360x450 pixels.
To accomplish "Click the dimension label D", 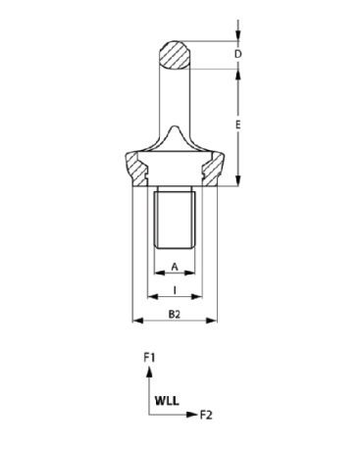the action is pyautogui.click(x=238, y=54).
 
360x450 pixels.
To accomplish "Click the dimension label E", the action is pyautogui.click(x=238, y=125).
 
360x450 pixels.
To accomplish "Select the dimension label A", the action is pyautogui.click(x=175, y=267).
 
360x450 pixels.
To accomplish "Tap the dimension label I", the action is pyautogui.click(x=175, y=290).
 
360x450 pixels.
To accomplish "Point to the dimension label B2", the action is pyautogui.click(x=175, y=315).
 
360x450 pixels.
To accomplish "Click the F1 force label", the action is pyautogui.click(x=149, y=358).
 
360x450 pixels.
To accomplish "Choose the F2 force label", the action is pyautogui.click(x=206, y=415).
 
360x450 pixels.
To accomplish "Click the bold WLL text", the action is pyautogui.click(x=167, y=401).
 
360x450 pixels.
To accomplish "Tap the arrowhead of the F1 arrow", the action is pyautogui.click(x=149, y=372).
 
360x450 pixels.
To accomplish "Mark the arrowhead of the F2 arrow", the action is pyautogui.click(x=191, y=415).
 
